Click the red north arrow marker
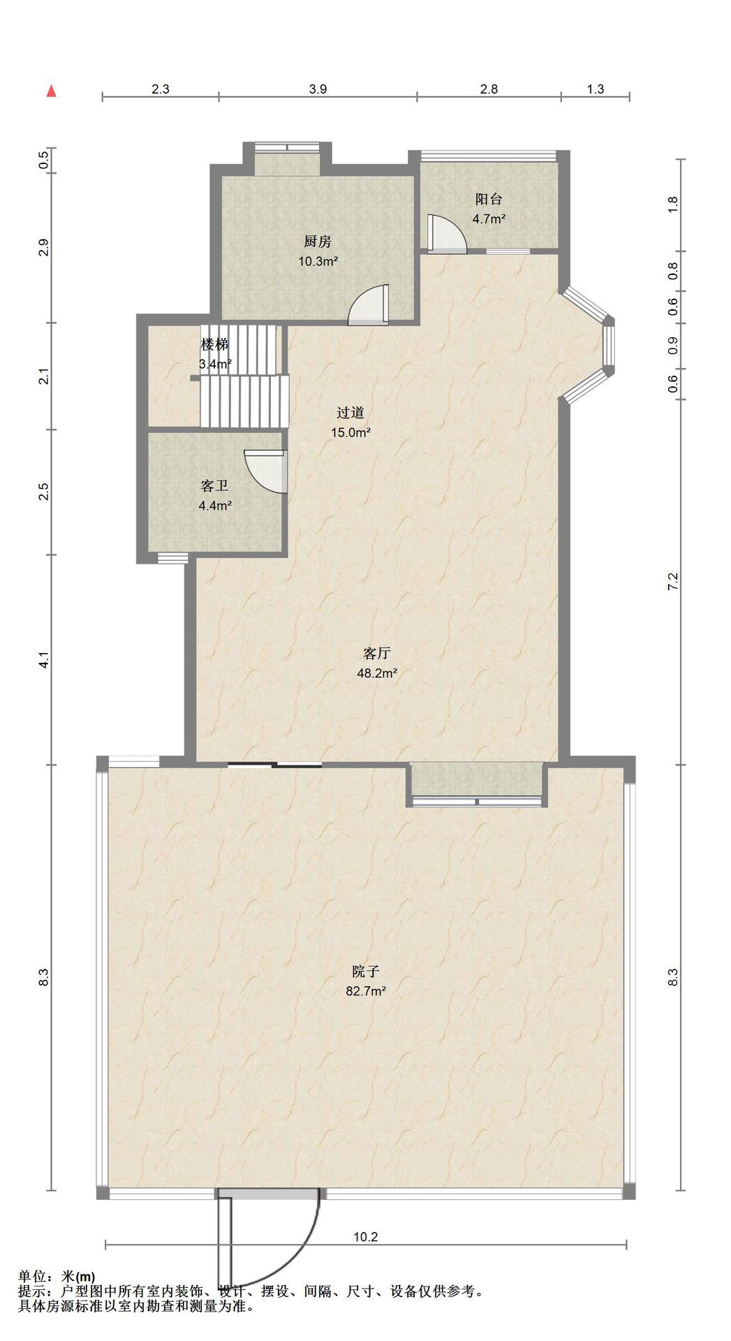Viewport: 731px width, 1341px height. (x=51, y=91)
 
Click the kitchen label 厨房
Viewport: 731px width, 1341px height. (x=317, y=242)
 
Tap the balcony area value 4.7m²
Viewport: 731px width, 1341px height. (x=489, y=219)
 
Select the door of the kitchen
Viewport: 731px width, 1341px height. (x=368, y=305)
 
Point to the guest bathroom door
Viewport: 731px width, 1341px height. (x=266, y=471)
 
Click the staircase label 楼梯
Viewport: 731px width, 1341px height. (x=214, y=344)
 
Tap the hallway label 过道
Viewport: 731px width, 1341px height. (x=350, y=413)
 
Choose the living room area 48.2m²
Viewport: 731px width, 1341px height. (x=377, y=673)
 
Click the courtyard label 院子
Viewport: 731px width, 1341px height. (x=366, y=971)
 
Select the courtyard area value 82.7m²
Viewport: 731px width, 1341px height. (x=366, y=990)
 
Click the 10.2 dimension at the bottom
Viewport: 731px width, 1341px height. (x=365, y=1236)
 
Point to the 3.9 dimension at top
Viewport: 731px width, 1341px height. (x=318, y=89)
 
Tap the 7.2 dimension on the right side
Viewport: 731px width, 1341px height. (x=672, y=582)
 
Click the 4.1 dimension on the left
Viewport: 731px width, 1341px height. (x=44, y=660)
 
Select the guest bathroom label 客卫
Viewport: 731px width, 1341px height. (x=214, y=486)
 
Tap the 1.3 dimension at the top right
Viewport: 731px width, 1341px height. (x=596, y=89)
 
